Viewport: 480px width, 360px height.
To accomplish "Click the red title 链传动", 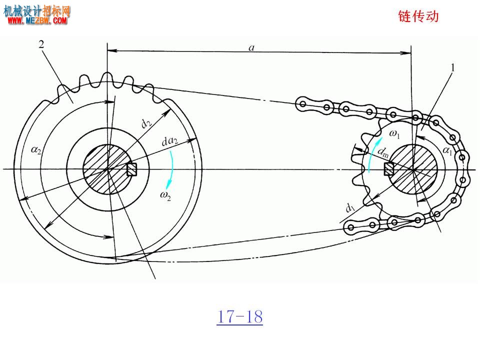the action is (418, 16).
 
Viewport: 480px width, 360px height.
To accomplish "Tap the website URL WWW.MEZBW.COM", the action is (37, 20).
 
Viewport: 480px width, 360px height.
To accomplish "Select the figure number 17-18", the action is (239, 316).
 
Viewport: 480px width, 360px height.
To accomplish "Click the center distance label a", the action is (251, 47).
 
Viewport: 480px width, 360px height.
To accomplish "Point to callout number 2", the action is (41, 44).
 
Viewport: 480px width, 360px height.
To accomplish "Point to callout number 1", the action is (453, 67).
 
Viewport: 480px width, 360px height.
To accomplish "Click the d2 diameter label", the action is (146, 123).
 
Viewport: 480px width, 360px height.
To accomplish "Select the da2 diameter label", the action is (169, 141).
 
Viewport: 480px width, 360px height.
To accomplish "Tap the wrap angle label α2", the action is (36, 150).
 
